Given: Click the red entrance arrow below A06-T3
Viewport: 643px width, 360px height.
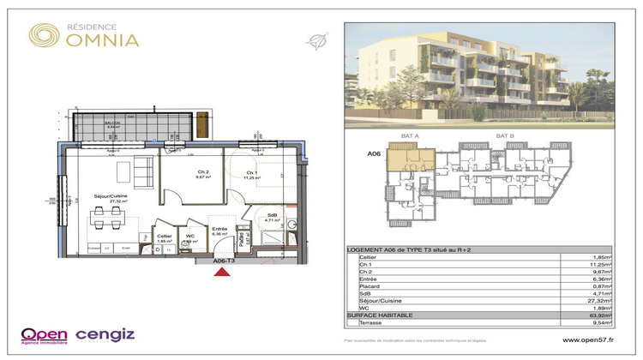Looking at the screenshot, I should point(221,273).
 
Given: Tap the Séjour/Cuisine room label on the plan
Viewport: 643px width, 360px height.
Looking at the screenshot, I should point(111,197).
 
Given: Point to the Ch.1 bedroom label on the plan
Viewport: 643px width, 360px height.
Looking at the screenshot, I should point(251,175).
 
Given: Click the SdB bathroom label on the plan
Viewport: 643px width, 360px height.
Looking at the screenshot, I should point(272,215).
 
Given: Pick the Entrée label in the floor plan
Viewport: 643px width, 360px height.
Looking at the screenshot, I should point(219,229).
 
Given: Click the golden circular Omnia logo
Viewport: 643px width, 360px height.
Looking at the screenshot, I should point(45,35).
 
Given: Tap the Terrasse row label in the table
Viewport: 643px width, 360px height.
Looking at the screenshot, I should point(371,325).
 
